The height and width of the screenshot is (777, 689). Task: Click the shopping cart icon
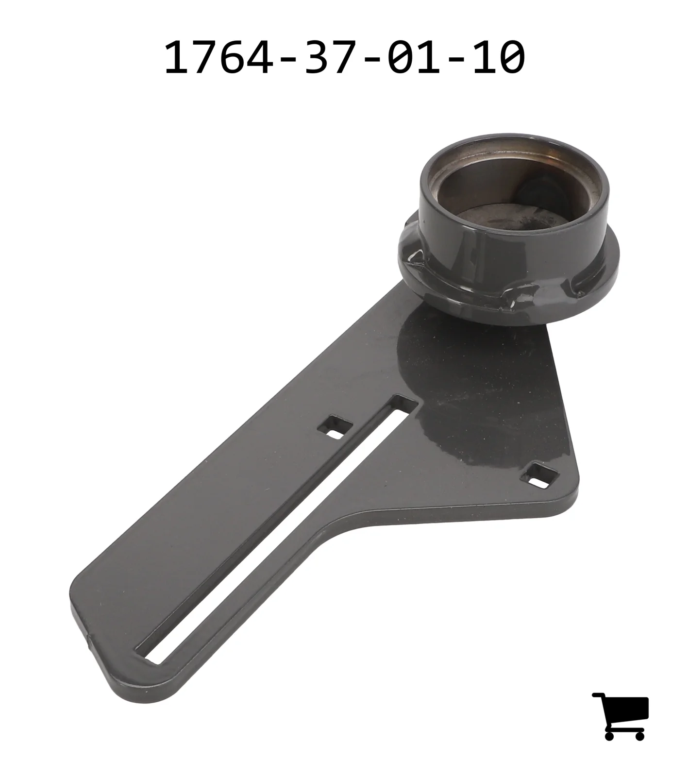[621, 716]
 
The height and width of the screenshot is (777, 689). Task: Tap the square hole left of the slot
[335, 426]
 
